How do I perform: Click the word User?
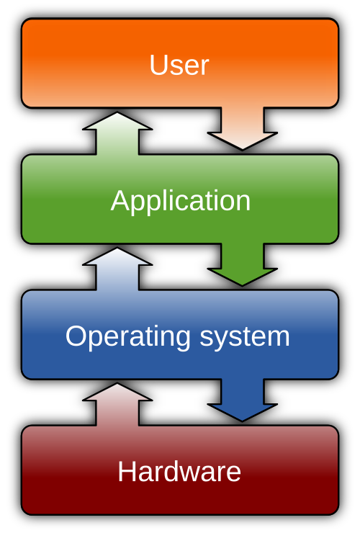coord(179,66)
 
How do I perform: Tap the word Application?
coord(181,201)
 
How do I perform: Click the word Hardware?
coord(179,472)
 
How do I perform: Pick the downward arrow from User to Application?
coord(243,128)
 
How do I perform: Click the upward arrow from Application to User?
coord(117,134)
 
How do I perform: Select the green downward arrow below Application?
coord(243,264)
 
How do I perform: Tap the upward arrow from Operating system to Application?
coord(117,269)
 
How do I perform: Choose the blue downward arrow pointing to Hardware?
coord(243,399)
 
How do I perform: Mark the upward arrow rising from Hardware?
coord(117,405)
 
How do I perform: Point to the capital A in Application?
coord(120,201)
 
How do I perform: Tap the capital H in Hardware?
coord(127,472)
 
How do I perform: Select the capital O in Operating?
coord(76,336)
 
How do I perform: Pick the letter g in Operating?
coord(182,340)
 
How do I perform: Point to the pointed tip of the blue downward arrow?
coord(243,419)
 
